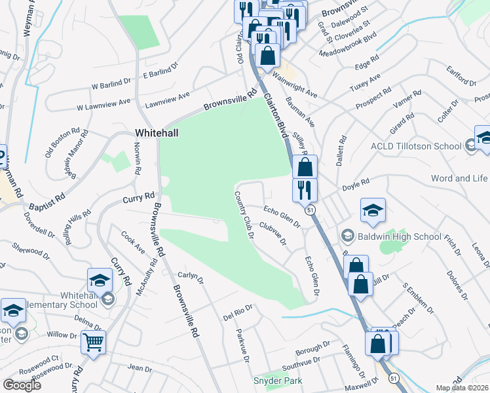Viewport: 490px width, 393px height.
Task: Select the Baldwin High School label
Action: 390,236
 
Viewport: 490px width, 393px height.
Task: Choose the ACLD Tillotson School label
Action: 416,146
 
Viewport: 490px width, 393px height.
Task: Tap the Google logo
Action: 22,384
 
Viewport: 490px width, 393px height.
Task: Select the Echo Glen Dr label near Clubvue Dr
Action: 282,217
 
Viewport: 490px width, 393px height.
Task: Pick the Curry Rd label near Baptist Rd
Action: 140,196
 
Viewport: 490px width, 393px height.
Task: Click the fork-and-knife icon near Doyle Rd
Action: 305,189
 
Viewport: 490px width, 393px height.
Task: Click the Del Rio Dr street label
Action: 238,312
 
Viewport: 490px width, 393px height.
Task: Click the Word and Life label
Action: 459,178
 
